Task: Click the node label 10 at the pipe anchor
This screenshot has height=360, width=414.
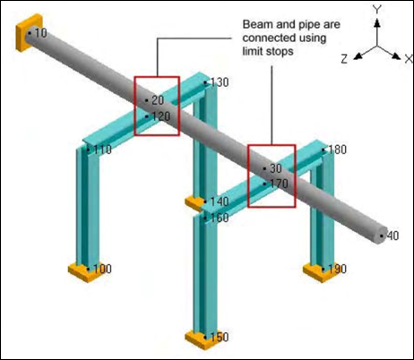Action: (41, 33)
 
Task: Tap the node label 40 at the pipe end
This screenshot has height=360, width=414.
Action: (392, 236)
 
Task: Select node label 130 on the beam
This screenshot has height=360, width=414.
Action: (220, 82)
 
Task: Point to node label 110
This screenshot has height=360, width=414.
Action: (102, 150)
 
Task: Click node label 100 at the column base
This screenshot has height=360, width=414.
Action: (102, 269)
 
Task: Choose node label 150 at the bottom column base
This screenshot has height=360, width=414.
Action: (220, 338)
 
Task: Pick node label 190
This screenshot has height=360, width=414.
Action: (338, 269)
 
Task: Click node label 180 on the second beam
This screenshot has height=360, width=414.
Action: (338, 150)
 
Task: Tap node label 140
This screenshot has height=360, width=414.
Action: (220, 201)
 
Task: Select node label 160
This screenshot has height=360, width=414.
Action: (220, 218)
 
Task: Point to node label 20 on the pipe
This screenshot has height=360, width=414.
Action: (158, 100)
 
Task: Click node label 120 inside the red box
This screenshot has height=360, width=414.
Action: (161, 116)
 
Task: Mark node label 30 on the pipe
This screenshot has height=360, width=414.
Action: (276, 168)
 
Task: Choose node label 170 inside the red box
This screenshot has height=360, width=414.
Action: (280, 184)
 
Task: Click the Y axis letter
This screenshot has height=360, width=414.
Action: (377, 10)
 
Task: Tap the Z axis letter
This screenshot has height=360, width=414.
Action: (344, 59)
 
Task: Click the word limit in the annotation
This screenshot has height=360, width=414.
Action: (253, 51)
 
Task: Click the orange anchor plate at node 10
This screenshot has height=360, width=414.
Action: (29, 33)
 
